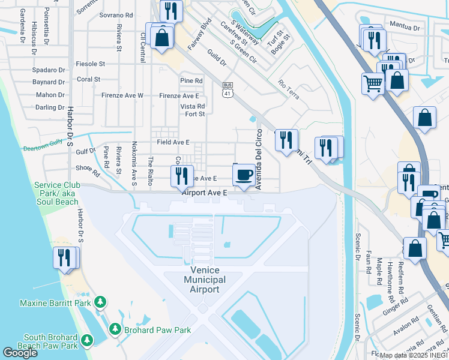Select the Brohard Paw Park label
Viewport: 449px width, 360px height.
[x=157, y=329]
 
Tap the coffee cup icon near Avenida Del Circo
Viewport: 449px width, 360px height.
[x=243, y=175]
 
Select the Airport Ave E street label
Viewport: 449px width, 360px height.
[x=205, y=193]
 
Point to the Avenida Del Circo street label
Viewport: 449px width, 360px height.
[x=259, y=159]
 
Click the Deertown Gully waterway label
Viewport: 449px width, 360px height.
[x=43, y=146]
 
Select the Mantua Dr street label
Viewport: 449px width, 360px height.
[x=403, y=27]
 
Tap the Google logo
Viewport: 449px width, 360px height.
[x=20, y=353]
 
